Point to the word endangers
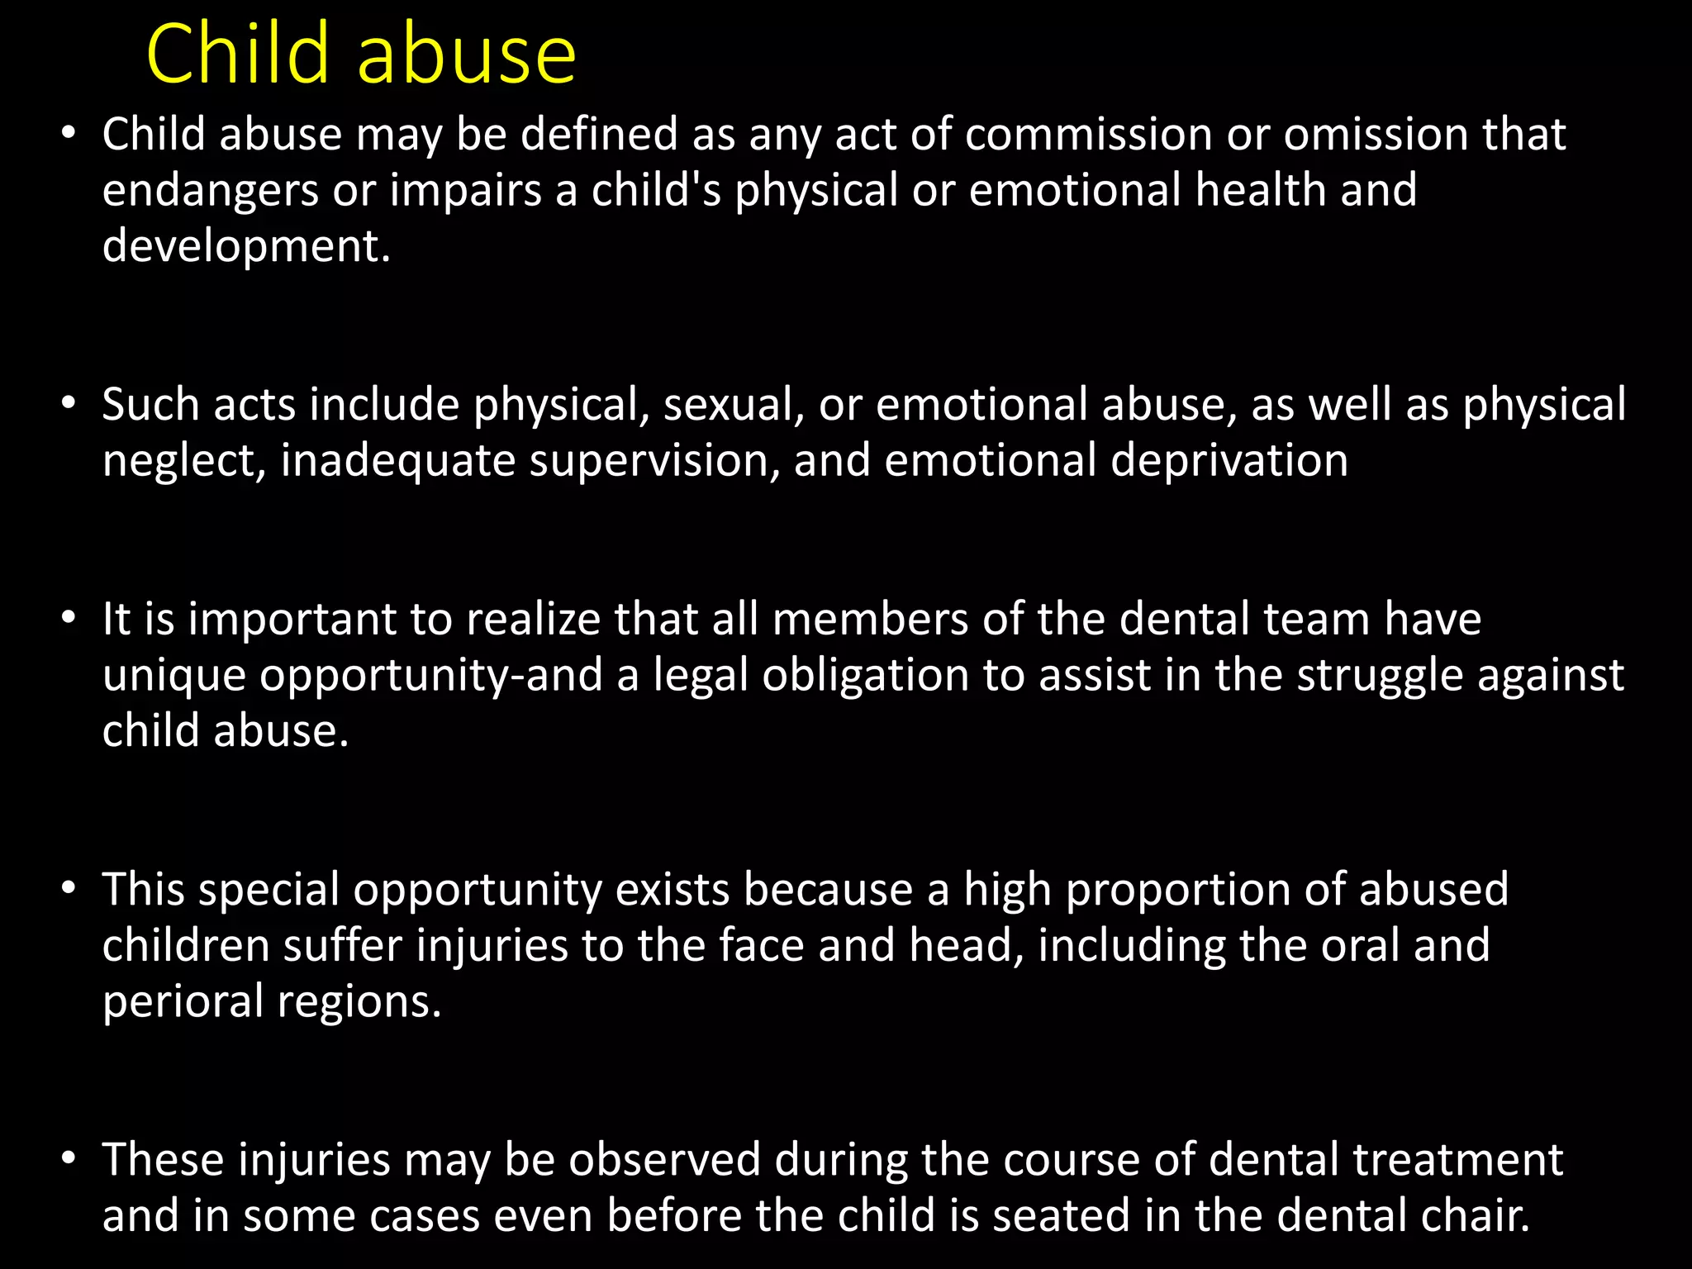pyautogui.click(x=210, y=192)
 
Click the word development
pyautogui.click(x=245, y=247)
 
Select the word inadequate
pyautogui.click(x=397, y=461)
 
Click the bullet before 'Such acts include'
pyautogui.click(x=69, y=405)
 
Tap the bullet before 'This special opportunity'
pyautogui.click(x=69, y=890)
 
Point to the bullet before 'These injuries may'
pyautogui.click(x=69, y=1159)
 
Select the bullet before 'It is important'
pyautogui.click(x=69, y=619)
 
